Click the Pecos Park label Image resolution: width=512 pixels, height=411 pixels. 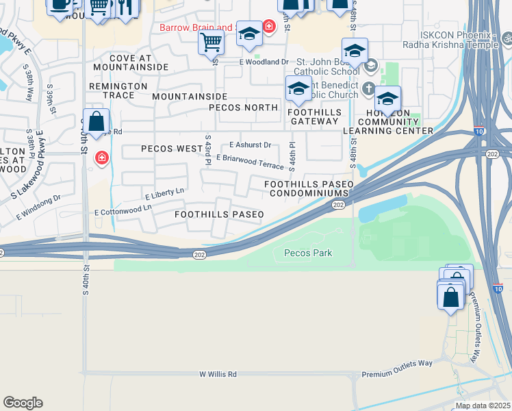click(307, 253)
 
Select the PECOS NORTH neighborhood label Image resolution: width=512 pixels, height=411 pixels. click(243, 108)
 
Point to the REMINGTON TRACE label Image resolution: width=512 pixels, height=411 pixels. click(118, 90)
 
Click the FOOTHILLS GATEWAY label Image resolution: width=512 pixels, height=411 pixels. click(313, 116)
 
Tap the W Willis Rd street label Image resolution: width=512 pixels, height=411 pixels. click(218, 375)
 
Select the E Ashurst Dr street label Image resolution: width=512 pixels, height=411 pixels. click(251, 145)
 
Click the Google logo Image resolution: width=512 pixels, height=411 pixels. click(23, 403)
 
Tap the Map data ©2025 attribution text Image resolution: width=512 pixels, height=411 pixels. click(483, 406)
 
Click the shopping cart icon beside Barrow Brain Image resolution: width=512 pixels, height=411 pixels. click(211, 42)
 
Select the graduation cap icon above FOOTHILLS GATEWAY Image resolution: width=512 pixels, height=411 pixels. click(298, 89)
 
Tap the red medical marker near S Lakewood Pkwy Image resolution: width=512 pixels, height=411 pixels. click(102, 158)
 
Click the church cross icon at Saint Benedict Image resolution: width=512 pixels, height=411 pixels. click(368, 88)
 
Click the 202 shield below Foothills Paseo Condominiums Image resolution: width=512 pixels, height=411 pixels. click(338, 205)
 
